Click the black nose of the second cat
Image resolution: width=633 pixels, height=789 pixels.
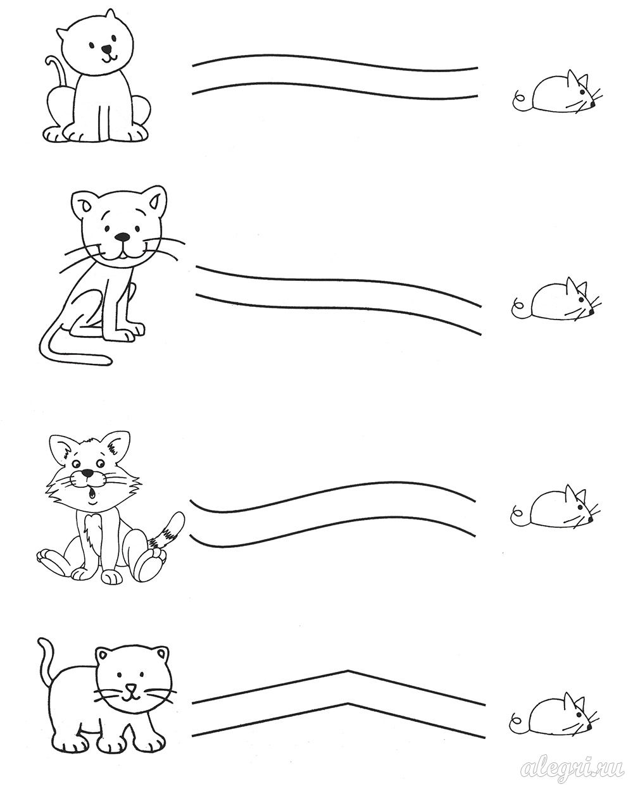[122, 237]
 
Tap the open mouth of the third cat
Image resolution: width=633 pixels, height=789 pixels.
[92, 495]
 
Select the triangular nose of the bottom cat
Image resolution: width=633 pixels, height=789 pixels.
[131, 685]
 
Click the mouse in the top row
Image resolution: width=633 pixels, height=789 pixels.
[558, 95]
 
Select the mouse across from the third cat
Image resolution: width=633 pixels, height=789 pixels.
[556, 507]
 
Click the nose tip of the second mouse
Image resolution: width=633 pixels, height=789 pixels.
[591, 312]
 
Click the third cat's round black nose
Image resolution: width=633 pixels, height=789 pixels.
[87, 473]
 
